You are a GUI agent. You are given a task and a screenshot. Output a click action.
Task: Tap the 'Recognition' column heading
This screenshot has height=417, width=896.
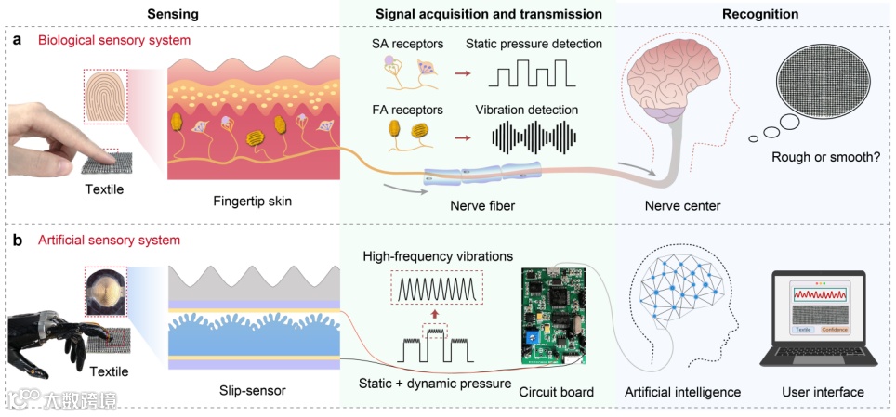759,14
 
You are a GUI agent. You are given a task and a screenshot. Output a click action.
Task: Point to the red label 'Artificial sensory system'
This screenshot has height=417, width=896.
110,241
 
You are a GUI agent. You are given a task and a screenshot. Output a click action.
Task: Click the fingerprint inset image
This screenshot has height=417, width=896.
108,99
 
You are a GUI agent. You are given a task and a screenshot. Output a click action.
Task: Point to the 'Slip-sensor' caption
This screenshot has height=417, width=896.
255,391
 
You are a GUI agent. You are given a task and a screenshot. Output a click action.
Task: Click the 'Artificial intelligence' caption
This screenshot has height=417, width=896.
682,392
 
